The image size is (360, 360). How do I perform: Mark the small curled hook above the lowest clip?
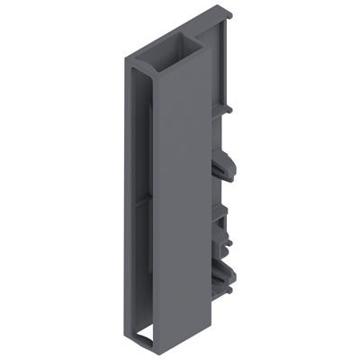pyautogui.click(x=225, y=245)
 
